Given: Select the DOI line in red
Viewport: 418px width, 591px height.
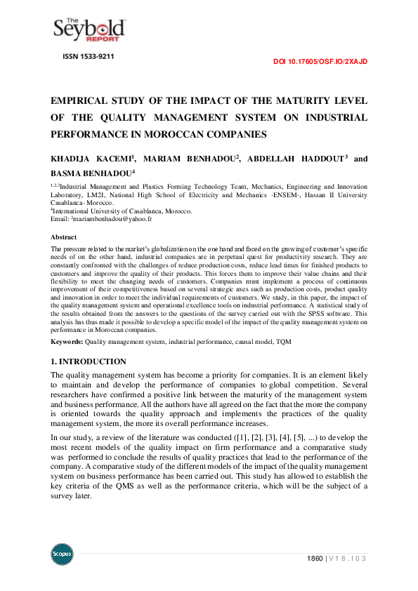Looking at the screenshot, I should [320, 62].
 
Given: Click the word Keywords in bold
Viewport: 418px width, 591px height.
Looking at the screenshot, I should [67, 341].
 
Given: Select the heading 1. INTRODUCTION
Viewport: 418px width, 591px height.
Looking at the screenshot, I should [89, 361].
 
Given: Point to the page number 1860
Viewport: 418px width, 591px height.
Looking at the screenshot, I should [315, 559].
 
